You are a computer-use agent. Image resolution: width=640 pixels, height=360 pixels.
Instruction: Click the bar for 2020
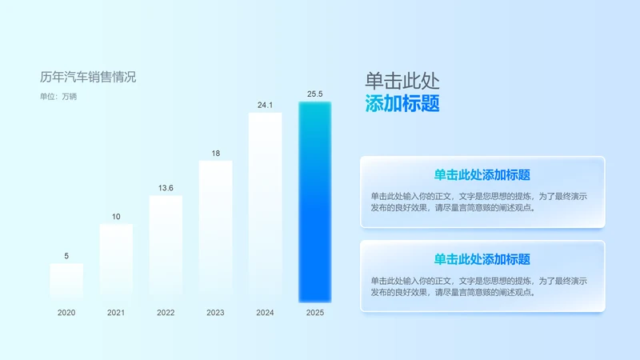coord(66,282)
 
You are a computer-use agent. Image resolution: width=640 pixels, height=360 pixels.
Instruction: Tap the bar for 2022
coord(166,249)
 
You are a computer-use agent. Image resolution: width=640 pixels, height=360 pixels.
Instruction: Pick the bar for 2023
coord(215,231)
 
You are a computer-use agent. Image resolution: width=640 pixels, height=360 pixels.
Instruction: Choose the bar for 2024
coord(265,207)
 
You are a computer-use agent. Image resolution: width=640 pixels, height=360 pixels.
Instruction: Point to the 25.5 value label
coord(314,94)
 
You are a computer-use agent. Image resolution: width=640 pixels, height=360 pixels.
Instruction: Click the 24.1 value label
coord(265,105)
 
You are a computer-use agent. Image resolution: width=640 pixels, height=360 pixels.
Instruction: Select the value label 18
coord(215,153)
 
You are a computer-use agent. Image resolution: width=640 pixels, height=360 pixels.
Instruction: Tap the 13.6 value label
coord(166,188)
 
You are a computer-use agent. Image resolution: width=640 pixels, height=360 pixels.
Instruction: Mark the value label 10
coord(116,216)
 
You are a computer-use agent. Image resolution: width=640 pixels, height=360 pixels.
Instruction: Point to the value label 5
coord(66,256)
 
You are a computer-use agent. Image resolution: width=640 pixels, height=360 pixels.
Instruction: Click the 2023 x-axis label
coord(215,313)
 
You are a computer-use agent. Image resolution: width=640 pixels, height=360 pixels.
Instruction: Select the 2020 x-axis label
coord(66,313)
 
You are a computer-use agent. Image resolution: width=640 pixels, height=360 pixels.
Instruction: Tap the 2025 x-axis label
coord(314,313)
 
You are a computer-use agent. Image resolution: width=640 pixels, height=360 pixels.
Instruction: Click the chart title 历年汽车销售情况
coord(88,77)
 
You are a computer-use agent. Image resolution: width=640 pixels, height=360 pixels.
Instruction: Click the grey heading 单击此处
coord(402,81)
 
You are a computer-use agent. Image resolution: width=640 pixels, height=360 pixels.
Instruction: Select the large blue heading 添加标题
coord(402,104)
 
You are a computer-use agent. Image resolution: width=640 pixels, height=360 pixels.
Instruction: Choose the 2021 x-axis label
coord(116,313)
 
